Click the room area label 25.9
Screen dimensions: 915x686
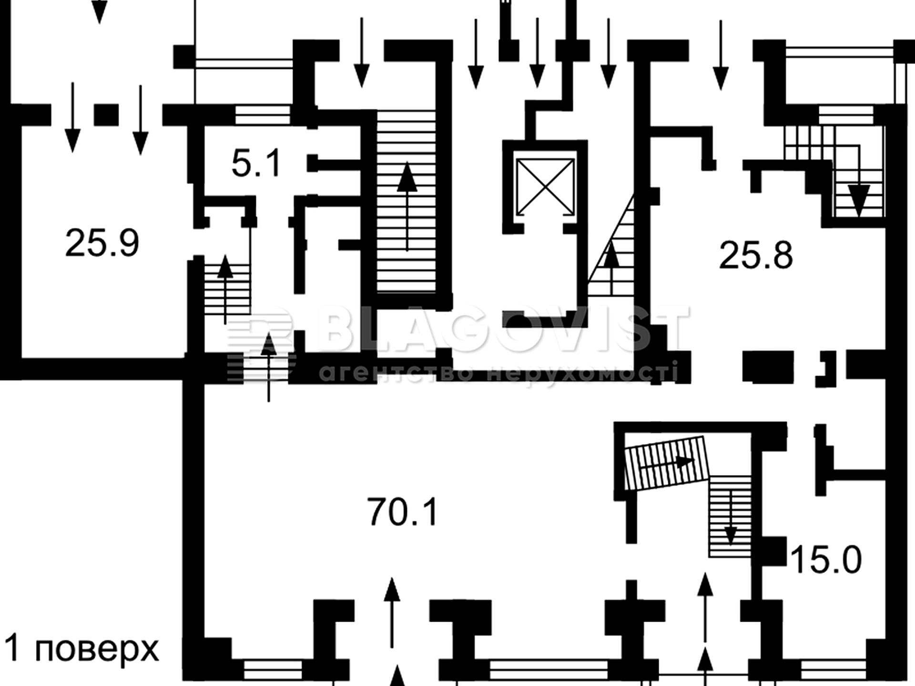[x=102, y=243]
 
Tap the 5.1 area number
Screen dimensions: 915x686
[x=257, y=163]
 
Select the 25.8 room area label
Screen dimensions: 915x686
[x=756, y=255]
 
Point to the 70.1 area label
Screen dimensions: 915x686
[x=403, y=512]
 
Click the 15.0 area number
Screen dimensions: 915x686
[x=826, y=559]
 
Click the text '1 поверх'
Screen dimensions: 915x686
[x=81, y=649]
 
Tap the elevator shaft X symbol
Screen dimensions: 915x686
[x=545, y=187]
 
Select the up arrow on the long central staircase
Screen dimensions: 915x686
[x=407, y=206]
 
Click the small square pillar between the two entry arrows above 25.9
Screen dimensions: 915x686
[x=106, y=115]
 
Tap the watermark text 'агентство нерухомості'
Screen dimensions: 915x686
[x=498, y=372]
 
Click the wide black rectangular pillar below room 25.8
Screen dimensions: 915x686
[x=768, y=367]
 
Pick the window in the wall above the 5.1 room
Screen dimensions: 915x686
[x=263, y=115]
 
